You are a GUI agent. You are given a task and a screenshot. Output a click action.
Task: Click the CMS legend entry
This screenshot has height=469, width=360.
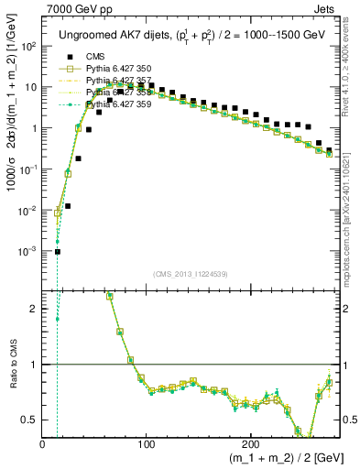[x=94, y=57]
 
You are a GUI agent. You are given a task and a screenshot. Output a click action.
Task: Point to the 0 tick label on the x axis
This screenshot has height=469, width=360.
[x=42, y=443]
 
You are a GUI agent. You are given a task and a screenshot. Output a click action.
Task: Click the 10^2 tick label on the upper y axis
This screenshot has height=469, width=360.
[x=29, y=46]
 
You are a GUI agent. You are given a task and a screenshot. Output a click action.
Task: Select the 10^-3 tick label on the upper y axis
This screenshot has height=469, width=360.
[x=29, y=251]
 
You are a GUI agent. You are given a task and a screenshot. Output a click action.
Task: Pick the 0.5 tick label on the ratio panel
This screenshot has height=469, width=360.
[x=31, y=420]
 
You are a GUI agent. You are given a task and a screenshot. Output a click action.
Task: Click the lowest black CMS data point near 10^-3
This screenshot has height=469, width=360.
[x=57, y=252]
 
